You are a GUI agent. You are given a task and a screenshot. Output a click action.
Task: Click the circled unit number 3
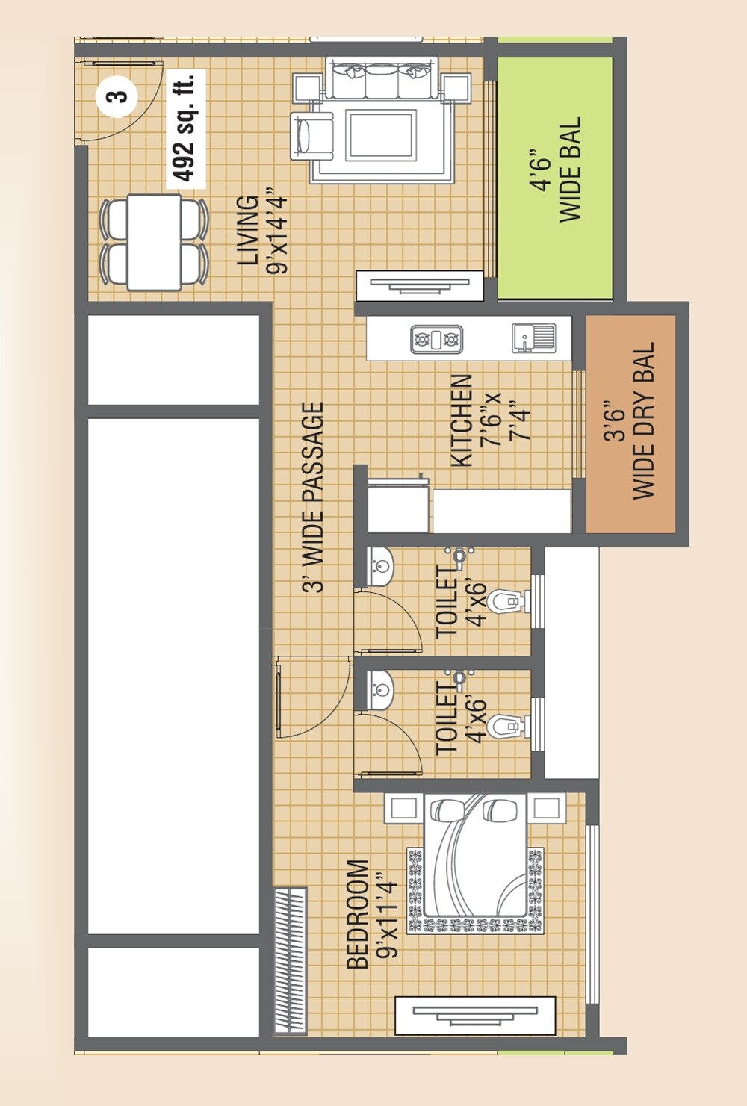click(117, 96)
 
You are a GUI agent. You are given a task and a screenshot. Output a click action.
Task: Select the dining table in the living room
click(154, 242)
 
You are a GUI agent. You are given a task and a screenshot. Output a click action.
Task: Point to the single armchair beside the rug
click(314, 135)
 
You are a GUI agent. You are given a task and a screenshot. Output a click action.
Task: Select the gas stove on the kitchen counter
click(436, 339)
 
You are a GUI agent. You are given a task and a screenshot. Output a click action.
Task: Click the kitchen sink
click(533, 338)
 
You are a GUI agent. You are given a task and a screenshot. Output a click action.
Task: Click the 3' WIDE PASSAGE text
click(314, 497)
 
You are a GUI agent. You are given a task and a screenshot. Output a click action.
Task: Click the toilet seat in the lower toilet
click(506, 726)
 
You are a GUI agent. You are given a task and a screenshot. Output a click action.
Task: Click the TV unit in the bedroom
click(475, 1015)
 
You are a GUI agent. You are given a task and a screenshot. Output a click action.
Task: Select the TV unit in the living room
click(419, 285)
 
